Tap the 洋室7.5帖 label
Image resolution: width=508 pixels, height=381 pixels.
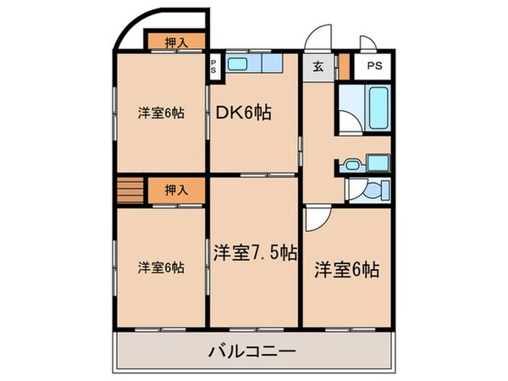[254, 251]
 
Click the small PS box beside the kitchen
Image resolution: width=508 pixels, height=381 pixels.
[214, 67]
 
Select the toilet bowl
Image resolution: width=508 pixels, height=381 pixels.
[370, 192]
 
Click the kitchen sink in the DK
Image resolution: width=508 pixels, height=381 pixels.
[238, 65]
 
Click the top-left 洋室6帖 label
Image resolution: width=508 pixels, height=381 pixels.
[161, 113]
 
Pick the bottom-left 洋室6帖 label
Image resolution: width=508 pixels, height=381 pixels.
[161, 268]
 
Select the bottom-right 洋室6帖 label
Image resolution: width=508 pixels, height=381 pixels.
[347, 270]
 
